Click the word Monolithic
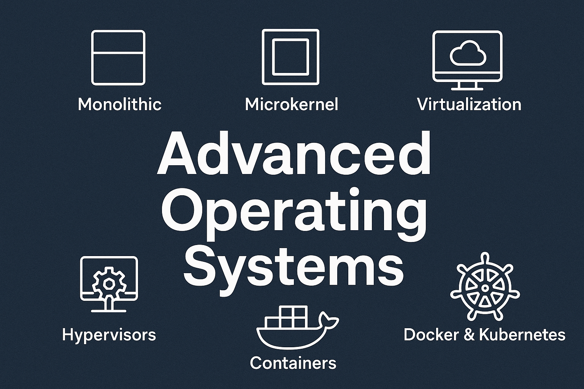[x=120, y=104]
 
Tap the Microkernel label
[x=292, y=104]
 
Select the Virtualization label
[x=469, y=104]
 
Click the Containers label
[x=293, y=363]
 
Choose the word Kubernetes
[x=522, y=335]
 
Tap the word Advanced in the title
[x=294, y=153]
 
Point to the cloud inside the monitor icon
[x=468, y=53]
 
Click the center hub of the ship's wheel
[x=485, y=288]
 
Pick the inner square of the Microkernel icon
[x=290, y=57]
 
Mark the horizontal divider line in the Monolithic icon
[x=118, y=54]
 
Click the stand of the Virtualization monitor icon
[x=467, y=86]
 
